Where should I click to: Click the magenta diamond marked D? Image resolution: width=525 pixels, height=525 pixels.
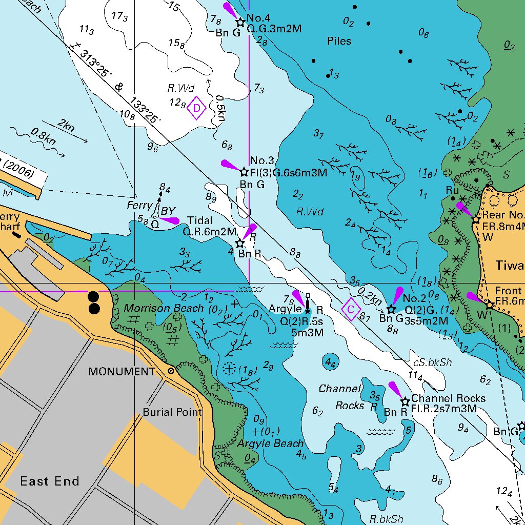click(196, 108)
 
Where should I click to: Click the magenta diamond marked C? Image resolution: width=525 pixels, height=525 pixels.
click(351, 310)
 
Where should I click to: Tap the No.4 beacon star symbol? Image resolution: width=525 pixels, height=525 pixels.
click(239, 22)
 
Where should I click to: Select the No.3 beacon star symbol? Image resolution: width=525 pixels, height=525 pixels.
click(244, 172)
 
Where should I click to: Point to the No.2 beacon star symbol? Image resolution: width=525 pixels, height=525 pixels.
click(391, 309)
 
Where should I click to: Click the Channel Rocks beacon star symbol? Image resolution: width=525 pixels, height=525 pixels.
click(405, 401)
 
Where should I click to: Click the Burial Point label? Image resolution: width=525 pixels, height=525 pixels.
click(172, 412)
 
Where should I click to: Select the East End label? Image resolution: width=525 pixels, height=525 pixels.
click(49, 481)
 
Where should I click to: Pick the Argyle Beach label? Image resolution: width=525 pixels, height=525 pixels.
click(270, 443)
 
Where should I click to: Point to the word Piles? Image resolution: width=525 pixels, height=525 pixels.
click(339, 41)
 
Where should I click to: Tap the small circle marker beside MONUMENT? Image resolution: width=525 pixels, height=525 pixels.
click(171, 370)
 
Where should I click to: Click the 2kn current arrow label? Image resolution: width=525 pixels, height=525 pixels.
click(65, 125)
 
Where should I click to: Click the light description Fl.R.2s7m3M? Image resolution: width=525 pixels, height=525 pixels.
click(444, 409)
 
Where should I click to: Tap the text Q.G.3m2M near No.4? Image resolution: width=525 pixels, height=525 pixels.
click(274, 29)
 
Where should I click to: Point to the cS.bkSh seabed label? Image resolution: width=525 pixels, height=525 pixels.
click(432, 362)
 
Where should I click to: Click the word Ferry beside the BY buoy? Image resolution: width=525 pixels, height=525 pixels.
click(140, 206)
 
